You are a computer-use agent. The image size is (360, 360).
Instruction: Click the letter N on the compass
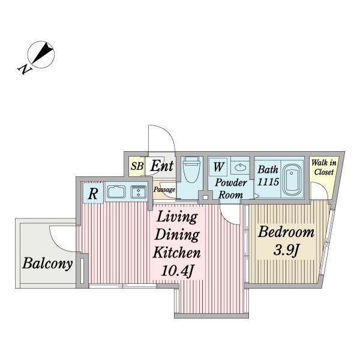click(24, 69)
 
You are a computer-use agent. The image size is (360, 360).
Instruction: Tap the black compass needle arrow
click(42, 53)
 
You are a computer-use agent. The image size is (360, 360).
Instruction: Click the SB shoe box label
click(137, 166)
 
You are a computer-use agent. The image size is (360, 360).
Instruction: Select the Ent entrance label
click(162, 166)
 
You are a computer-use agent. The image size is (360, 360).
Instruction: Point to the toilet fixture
click(192, 169)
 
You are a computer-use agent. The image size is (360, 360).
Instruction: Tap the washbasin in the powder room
click(240, 167)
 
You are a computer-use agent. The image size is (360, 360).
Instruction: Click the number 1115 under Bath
click(268, 182)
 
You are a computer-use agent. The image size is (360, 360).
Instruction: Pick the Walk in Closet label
click(324, 167)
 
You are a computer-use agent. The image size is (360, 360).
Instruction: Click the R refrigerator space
click(93, 193)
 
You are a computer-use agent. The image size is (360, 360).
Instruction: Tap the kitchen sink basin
click(116, 192)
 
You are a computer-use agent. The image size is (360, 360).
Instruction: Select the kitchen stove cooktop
click(139, 192)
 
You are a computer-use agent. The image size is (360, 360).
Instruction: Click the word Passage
click(164, 190)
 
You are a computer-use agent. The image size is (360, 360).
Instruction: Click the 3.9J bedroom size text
click(286, 250)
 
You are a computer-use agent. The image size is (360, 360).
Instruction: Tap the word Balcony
click(47, 263)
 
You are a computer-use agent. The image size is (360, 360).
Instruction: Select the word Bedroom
click(286, 232)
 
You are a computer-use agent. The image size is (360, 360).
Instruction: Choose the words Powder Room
click(231, 189)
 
